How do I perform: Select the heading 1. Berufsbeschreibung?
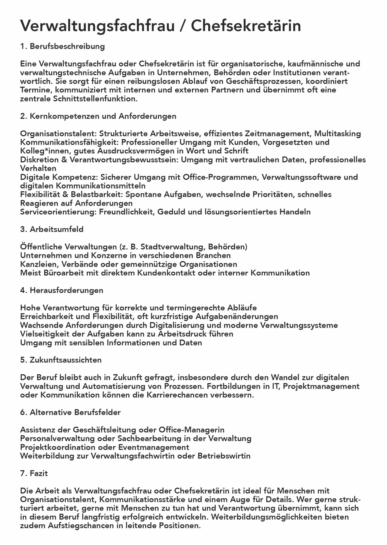(x=62, y=46)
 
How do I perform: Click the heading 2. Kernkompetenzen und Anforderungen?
(x=98, y=116)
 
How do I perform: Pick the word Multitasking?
(x=337, y=134)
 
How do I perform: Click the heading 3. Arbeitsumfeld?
(x=52, y=229)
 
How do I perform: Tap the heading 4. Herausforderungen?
(x=62, y=290)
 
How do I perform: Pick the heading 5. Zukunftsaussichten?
(x=61, y=360)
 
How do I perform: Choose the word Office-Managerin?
(x=191, y=430)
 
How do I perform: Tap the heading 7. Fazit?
(x=34, y=474)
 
